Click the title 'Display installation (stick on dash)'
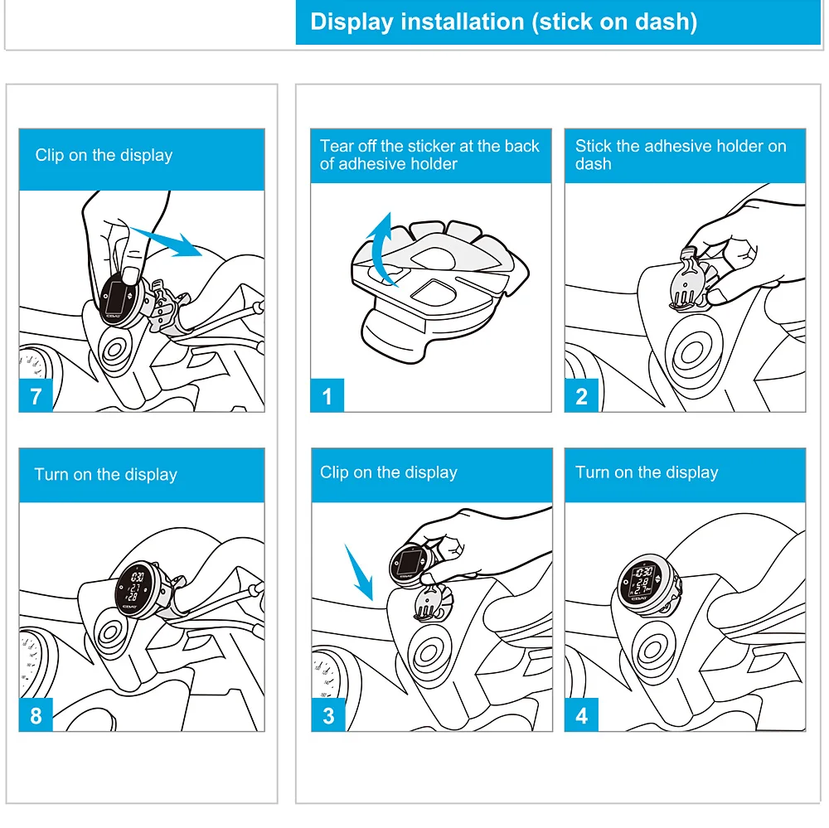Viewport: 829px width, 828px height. pos(503,22)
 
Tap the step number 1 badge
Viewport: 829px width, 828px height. pos(327,395)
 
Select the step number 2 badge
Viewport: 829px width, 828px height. pos(582,395)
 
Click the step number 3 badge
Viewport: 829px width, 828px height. pos(328,714)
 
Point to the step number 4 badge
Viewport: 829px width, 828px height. pos(582,714)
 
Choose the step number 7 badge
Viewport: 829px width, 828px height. pos(36,395)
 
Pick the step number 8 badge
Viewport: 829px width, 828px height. pos(36,714)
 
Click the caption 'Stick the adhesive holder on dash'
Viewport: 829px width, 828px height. pos(681,154)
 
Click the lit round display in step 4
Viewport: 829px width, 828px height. pos(642,584)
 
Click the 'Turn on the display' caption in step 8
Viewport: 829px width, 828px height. pos(106,474)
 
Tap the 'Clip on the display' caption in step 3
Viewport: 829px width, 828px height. pos(389,472)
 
